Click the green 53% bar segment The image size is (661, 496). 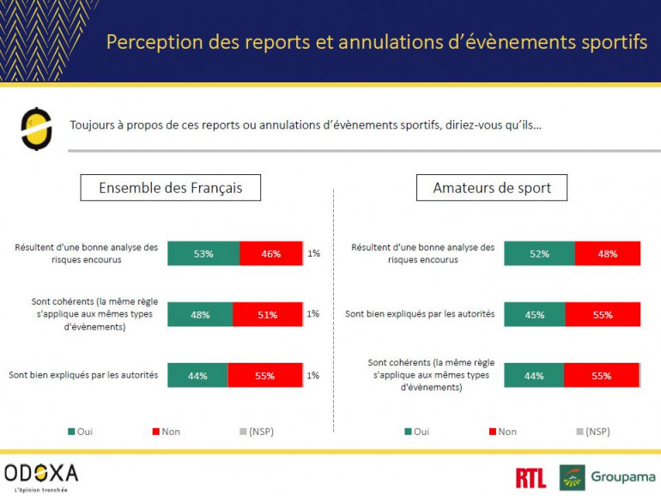pos(203,253)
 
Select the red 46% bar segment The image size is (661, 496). pos(271,253)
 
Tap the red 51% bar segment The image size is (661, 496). pos(268,314)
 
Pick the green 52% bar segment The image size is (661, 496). pos(539,253)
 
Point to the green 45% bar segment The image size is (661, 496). pos(534,314)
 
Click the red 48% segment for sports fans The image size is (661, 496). pos(608,253)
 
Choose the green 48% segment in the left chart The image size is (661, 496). pos(200,314)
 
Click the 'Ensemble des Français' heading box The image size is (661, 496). pos(171,188)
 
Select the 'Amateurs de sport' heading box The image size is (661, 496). pos(492,188)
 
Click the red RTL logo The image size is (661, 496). pos(531,477)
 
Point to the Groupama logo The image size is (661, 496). pos(607,477)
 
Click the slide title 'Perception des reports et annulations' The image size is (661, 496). pos(376,42)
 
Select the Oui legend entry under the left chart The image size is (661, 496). pos(80,431)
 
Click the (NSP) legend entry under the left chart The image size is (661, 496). pos(255,431)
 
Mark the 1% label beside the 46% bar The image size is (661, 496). pos(313,253)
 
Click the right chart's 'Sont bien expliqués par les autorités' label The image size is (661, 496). pos(420,314)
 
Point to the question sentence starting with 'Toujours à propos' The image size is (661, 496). pos(306,125)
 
